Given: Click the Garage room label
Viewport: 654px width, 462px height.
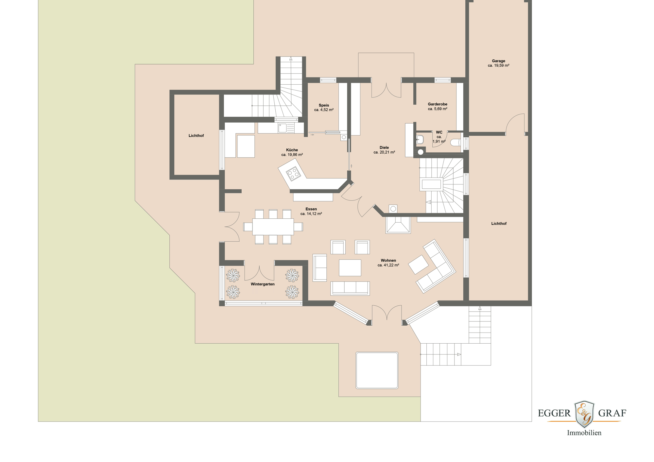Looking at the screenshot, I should [x=498, y=61].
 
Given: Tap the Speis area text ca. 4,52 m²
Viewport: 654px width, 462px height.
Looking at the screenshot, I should [x=324, y=110].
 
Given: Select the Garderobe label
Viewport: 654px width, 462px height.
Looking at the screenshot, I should [x=438, y=104].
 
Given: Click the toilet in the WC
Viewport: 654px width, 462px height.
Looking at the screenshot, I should [x=456, y=143].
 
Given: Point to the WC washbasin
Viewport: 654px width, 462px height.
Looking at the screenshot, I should [x=420, y=140].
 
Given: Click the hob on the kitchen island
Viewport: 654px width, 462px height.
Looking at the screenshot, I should [x=293, y=174].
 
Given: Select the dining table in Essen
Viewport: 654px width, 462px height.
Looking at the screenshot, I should [x=273, y=227].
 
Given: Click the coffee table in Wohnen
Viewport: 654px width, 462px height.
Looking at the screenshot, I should [x=350, y=268].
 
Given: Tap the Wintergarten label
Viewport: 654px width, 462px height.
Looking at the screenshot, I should [x=263, y=284].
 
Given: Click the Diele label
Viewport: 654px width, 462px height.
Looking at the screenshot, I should [x=384, y=147].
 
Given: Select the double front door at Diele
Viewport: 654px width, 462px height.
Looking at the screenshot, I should [x=386, y=90].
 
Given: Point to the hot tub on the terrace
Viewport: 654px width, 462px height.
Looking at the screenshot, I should [x=377, y=370].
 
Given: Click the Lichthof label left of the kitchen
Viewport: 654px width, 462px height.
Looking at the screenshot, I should [x=196, y=136].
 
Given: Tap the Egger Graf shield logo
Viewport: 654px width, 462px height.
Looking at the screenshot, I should [x=584, y=414].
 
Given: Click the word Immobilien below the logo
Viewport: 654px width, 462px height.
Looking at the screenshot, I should [x=584, y=433].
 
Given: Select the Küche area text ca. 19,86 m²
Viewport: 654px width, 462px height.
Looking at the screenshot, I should [x=292, y=155].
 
